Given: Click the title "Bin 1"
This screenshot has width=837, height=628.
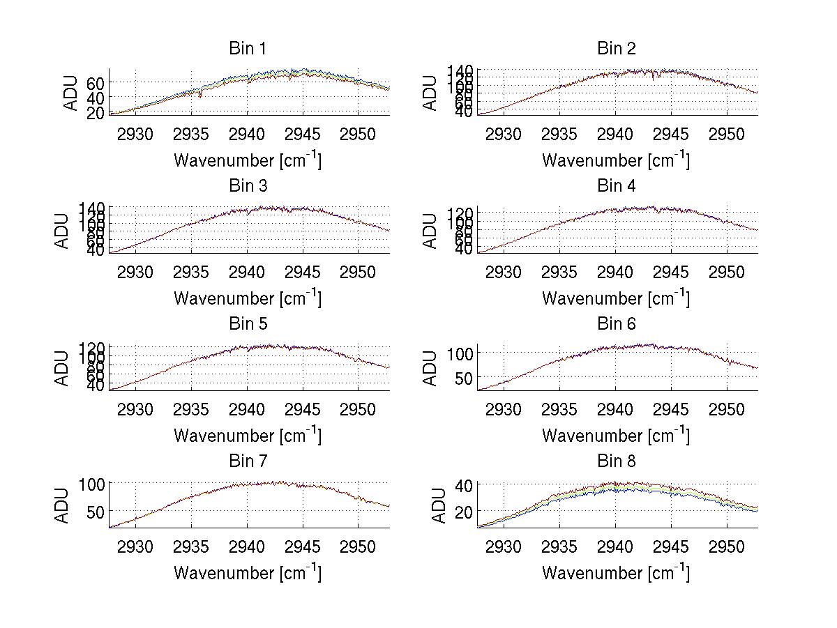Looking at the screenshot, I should [x=247, y=49].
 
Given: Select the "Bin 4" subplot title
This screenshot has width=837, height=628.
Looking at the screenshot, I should [x=616, y=186].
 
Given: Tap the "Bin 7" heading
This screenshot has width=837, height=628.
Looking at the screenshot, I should [x=247, y=461].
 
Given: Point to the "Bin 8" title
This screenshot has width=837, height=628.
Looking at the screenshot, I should [x=616, y=461].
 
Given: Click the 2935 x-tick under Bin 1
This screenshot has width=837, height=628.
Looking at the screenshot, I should [x=191, y=134].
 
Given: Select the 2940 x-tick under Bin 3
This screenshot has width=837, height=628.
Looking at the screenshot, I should [x=247, y=271].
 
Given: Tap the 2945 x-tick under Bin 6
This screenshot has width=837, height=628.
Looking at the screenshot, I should [x=671, y=409].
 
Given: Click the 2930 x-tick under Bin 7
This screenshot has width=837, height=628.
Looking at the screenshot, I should [x=135, y=546].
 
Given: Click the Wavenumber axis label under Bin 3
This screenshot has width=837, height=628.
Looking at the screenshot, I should [x=247, y=298].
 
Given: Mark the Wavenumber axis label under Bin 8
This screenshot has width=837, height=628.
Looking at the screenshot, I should [x=616, y=573].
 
